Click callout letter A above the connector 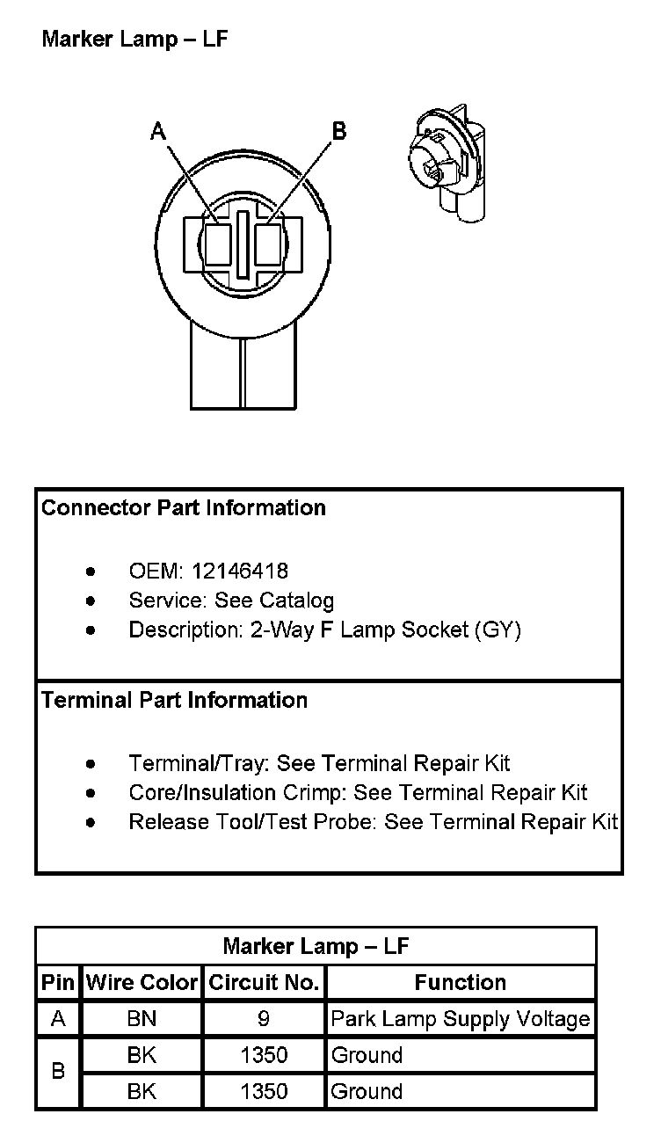coord(158,131)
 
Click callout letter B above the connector coord(338,131)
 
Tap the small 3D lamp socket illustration coord(449,166)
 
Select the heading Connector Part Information coord(184,507)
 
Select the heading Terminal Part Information coord(175,700)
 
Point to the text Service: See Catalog coord(231,601)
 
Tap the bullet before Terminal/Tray coord(91,763)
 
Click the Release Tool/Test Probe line coord(374,821)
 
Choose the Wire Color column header coord(142,982)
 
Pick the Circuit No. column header coord(264,982)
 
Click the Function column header coord(461,982)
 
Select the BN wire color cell coord(142,1019)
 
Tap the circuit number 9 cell coord(264,1019)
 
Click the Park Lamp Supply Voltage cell coord(461,1019)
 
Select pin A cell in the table coord(58,1019)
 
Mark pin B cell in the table coord(58,1073)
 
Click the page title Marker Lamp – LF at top coord(135,40)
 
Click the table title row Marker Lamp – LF coord(316,946)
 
